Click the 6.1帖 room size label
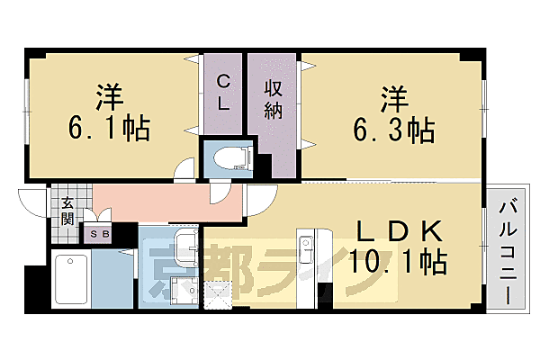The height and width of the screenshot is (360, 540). tap(110, 128)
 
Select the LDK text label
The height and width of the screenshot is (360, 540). tap(400, 231)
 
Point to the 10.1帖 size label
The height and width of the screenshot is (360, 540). tap(399, 261)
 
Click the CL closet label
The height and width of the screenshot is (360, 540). tap(223, 93)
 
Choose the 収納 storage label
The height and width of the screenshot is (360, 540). tap(273, 100)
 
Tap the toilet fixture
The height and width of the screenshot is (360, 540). tap(233, 158)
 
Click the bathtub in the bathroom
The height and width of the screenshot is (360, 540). tap(71, 279)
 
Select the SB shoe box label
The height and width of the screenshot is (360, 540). tap(100, 234)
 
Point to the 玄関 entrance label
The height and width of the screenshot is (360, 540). tap(67, 211)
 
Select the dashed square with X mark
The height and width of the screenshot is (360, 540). tap(219, 295)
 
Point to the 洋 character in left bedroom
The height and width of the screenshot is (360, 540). tap(109, 97)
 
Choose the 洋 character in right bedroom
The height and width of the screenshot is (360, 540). tap(394, 99)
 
